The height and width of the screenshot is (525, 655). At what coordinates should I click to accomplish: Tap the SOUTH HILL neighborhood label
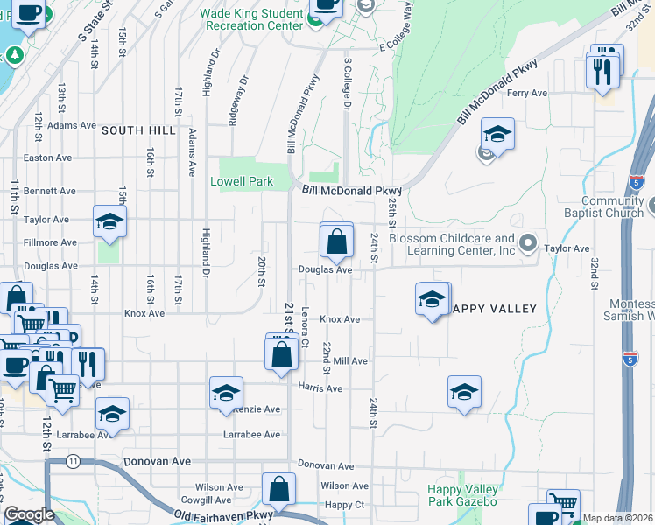[x=138, y=130]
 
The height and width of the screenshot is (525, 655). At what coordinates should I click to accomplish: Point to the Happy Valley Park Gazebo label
[x=462, y=495]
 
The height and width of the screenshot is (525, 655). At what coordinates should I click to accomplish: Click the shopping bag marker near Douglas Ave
[x=336, y=241]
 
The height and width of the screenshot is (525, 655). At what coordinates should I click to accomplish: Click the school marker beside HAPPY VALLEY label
[x=431, y=300]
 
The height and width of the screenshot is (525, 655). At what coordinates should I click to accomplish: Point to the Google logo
[x=29, y=514]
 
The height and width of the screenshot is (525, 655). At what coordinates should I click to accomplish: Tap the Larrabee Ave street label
[x=251, y=435]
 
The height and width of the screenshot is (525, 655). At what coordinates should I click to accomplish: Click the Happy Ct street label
[x=344, y=505]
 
